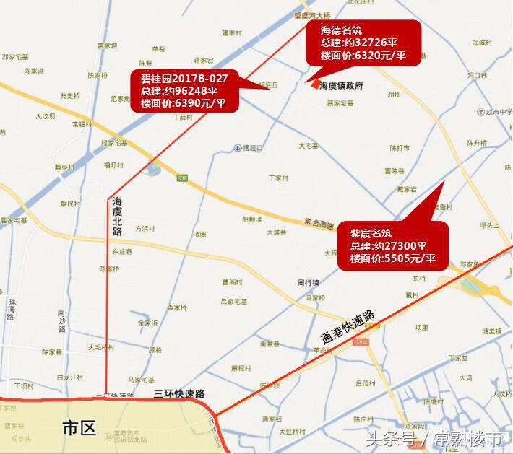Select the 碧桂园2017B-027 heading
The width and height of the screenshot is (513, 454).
[179, 78]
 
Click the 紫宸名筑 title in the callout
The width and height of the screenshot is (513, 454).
[371, 233]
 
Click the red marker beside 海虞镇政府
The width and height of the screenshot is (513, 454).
[312, 84]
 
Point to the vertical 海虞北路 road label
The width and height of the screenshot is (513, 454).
[117, 217]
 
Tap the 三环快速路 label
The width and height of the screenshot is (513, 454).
[180, 394]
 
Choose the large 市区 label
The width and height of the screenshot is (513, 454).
[79, 429]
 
